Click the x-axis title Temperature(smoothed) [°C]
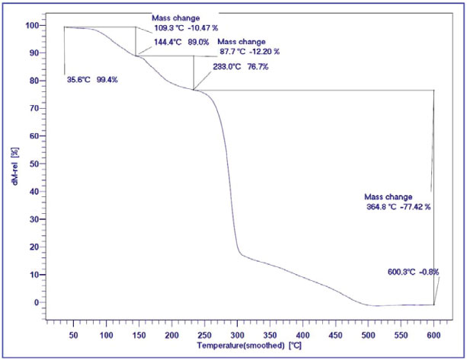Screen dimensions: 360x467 click(x=250, y=346)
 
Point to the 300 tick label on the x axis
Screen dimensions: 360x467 click(x=237, y=335)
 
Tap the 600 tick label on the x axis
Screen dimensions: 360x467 click(x=433, y=335)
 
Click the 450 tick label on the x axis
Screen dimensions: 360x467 click(x=335, y=335)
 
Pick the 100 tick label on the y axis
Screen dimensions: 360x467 click(x=31, y=25)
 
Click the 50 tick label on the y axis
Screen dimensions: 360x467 click(x=34, y=164)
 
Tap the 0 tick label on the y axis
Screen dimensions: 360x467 click(x=36, y=302)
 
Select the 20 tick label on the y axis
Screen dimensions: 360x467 click(x=34, y=247)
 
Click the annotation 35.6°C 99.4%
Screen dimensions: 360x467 click(x=91, y=79)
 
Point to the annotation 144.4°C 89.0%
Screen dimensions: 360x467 click(x=182, y=43)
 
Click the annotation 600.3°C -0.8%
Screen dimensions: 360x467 click(x=413, y=272)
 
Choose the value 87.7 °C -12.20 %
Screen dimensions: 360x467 click(x=250, y=53)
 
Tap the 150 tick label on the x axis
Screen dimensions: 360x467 click(x=139, y=335)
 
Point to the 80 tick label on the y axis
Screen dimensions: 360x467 click(x=34, y=81)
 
